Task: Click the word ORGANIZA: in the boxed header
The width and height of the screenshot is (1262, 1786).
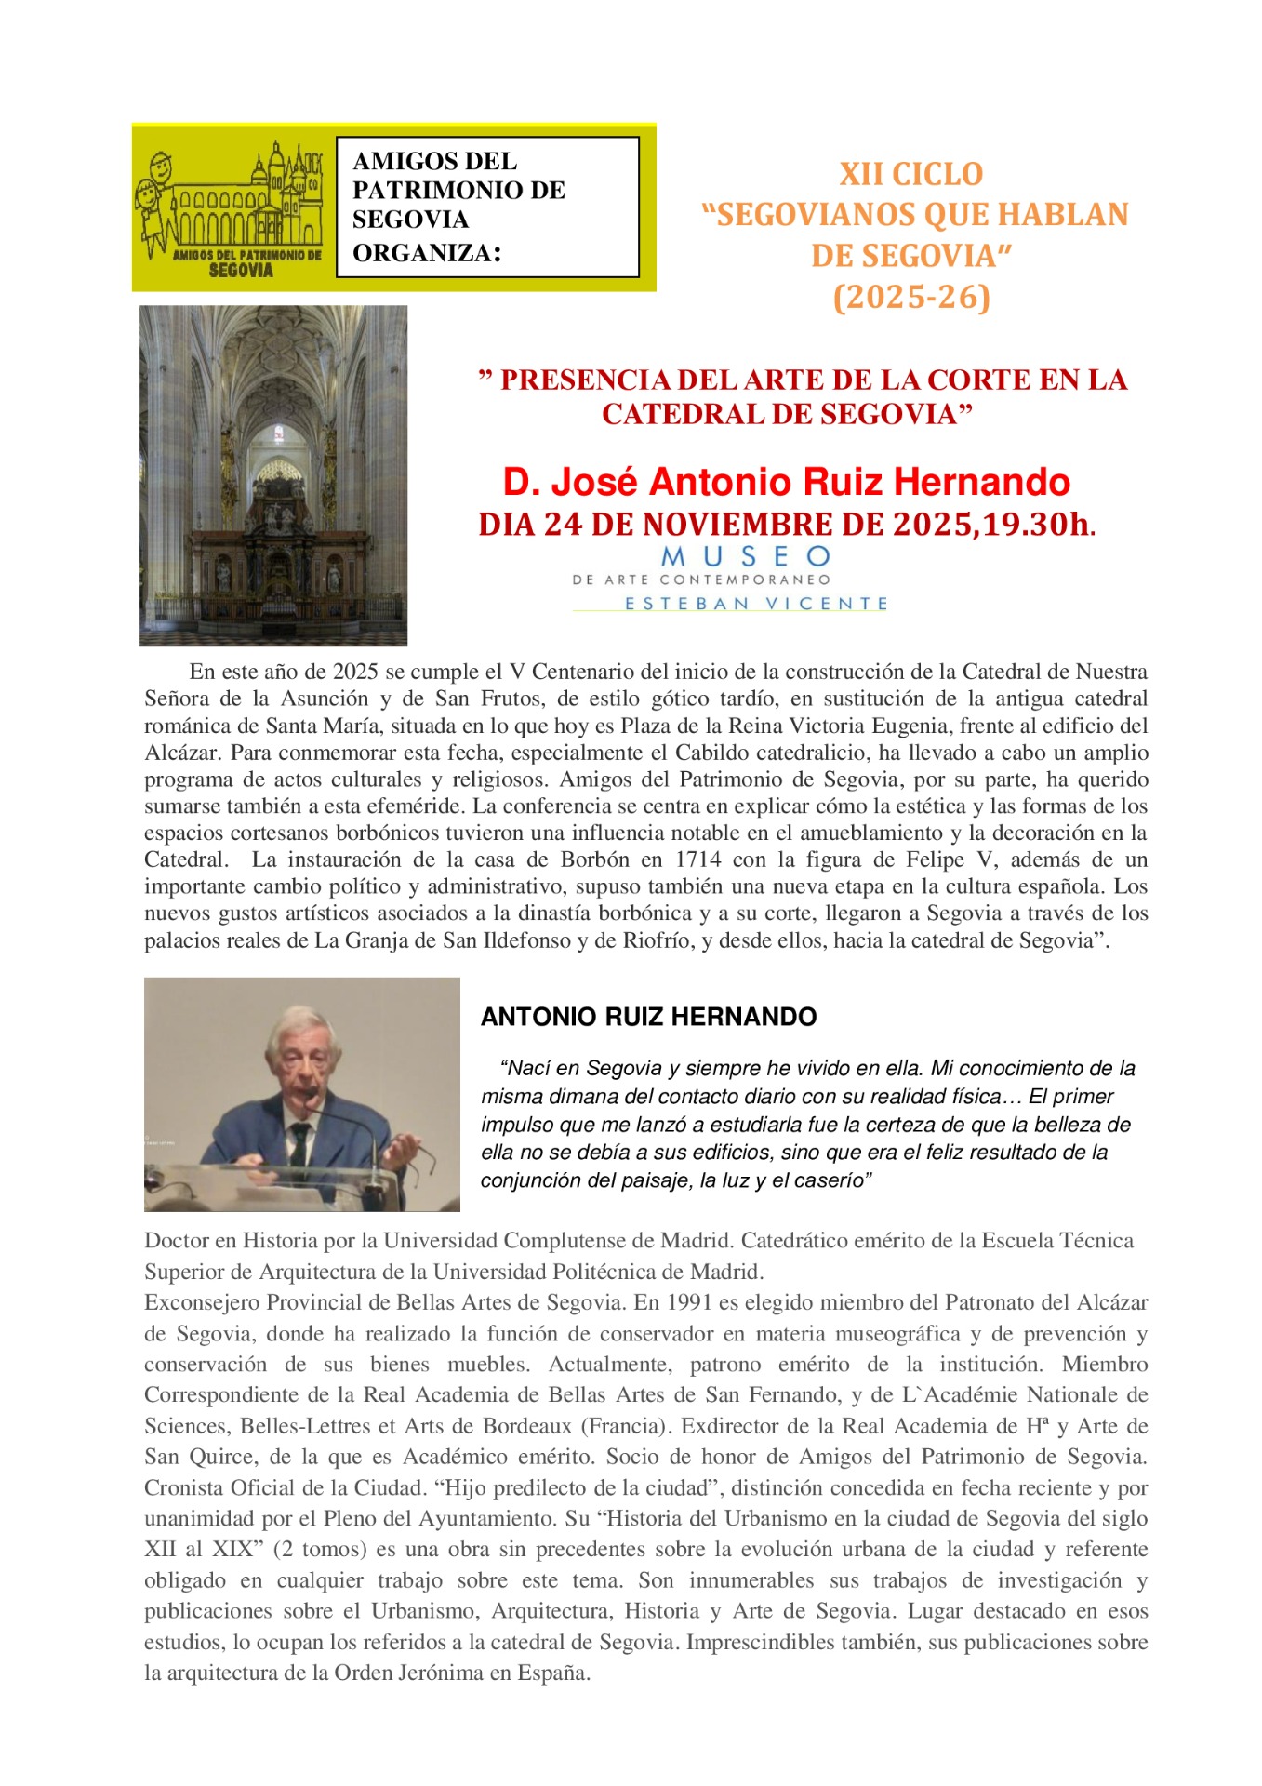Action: [426, 253]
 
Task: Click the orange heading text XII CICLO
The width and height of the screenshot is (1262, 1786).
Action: [910, 174]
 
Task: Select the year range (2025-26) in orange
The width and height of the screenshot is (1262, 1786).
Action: [911, 298]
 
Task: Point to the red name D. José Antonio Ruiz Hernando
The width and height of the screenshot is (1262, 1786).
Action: [786, 482]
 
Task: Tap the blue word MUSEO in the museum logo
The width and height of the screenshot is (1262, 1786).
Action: [746, 557]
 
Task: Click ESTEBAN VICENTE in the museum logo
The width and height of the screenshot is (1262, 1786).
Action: [756, 604]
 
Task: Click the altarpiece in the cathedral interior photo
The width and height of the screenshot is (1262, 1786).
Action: [276, 540]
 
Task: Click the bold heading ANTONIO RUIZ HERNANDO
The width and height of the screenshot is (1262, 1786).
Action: [648, 1017]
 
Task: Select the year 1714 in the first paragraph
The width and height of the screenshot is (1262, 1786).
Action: [697, 860]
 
